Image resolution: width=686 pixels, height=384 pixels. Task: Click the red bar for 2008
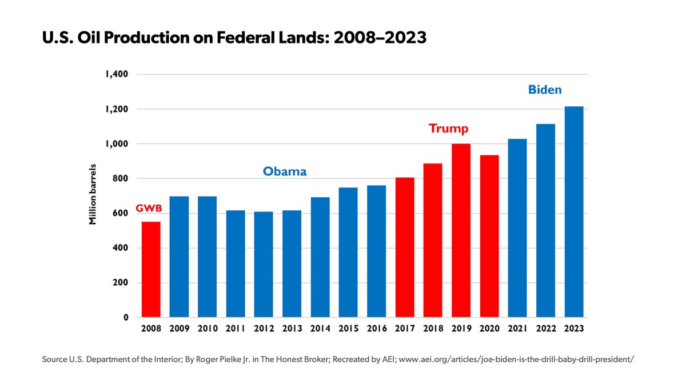[151, 270]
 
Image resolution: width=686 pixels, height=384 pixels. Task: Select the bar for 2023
[574, 212]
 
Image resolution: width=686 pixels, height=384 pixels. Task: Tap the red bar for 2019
[461, 231]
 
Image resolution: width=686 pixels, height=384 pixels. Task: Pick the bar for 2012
[264, 265]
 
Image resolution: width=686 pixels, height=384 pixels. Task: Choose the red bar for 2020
[489, 237]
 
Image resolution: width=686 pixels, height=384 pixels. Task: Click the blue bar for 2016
[376, 251]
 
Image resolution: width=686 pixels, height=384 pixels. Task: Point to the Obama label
[285, 171]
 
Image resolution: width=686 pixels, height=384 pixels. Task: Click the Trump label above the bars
[449, 129]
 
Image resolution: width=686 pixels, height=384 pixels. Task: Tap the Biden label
[544, 90]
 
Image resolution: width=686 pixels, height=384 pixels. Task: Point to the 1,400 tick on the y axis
[116, 74]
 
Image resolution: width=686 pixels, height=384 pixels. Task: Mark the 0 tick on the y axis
[125, 318]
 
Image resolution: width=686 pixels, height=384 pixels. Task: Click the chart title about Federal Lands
[234, 38]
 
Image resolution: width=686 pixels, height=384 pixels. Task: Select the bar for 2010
[207, 257]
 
